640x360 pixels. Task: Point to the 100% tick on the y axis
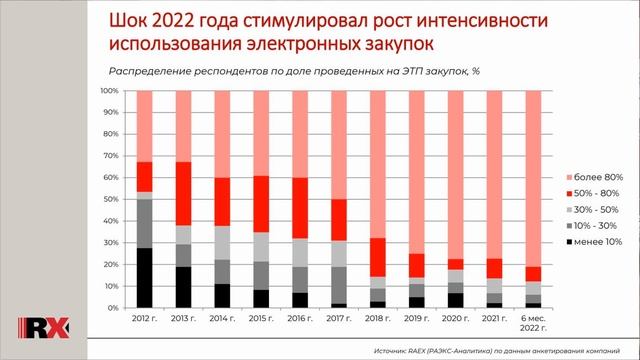click(110, 91)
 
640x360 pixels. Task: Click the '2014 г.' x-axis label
click(221, 318)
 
